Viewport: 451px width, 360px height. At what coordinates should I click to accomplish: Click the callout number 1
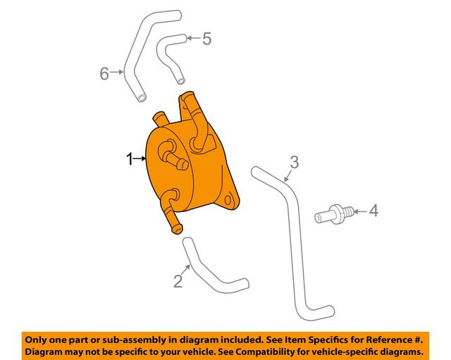pyautogui.click(x=129, y=161)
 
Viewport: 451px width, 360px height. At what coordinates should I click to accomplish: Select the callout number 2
pyautogui.click(x=178, y=282)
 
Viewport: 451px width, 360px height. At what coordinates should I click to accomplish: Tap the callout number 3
pyautogui.click(x=295, y=162)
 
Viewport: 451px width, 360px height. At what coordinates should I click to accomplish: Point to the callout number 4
pyautogui.click(x=374, y=210)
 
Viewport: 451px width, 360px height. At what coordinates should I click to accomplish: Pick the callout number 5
pyautogui.click(x=206, y=39)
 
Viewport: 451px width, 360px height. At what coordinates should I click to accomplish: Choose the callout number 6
pyautogui.click(x=104, y=73)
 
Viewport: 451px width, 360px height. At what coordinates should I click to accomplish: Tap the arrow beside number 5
pyautogui.click(x=192, y=38)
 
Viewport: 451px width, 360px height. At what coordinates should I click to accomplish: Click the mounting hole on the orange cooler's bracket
pyautogui.click(x=227, y=201)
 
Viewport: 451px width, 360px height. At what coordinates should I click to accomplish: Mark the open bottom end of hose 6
pyautogui.click(x=142, y=95)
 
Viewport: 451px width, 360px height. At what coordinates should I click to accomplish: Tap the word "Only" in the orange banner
pyautogui.click(x=38, y=337)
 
